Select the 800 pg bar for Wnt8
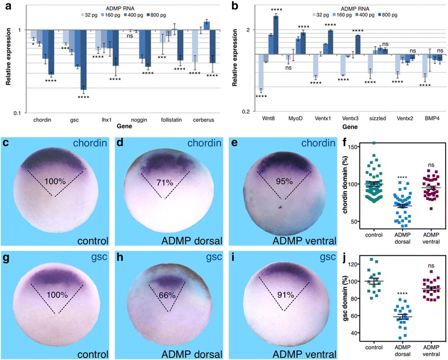coord(276,35)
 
